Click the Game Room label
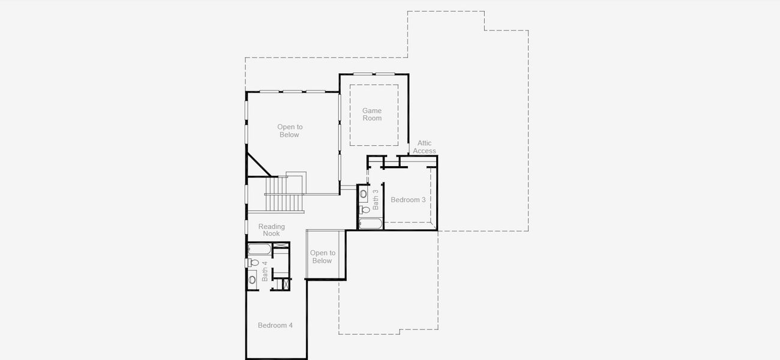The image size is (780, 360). click(x=372, y=115)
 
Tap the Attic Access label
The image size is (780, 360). click(x=424, y=147)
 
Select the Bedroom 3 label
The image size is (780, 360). click(x=408, y=200)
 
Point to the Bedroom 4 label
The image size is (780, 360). click(x=275, y=325)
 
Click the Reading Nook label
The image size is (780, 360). click(x=271, y=230)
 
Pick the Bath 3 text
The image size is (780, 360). click(x=376, y=199)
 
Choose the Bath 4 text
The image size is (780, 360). click(x=265, y=271)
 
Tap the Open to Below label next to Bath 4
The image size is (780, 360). click(x=322, y=257)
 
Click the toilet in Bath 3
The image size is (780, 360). click(x=363, y=209)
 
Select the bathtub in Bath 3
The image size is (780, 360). click(x=370, y=224)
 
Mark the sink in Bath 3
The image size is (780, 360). click(x=363, y=194)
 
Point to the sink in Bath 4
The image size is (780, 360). click(x=252, y=280)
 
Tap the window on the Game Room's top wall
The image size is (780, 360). click(x=373, y=74)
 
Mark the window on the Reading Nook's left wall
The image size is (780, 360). click(x=246, y=226)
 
